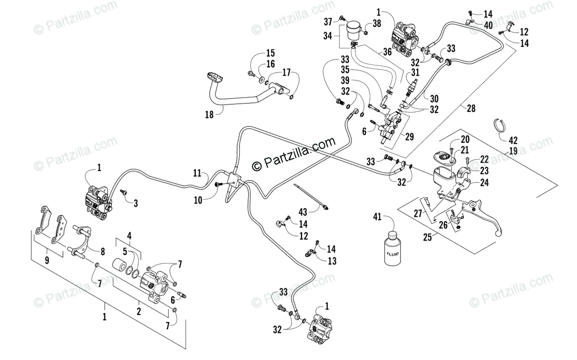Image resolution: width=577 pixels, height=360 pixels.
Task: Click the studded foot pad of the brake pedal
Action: point(211,77)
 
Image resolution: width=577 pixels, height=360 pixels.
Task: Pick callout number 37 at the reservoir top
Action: point(327,22)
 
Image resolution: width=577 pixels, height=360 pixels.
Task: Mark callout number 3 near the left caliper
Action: point(136,203)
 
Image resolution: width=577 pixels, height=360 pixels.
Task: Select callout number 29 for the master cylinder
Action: point(409,137)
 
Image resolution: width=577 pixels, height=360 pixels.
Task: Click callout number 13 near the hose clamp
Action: point(331,261)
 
